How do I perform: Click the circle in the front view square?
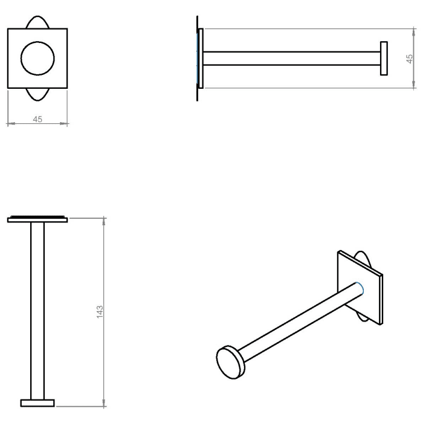click(37, 59)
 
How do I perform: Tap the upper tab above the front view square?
click(37, 22)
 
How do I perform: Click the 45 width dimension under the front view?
click(37, 120)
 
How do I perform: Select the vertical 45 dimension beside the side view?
click(410, 59)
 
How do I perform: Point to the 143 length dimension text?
click(100, 311)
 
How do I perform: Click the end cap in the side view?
click(384, 59)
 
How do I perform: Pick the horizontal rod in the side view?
click(290, 59)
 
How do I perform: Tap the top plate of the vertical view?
click(37, 219)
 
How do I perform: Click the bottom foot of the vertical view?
click(37, 402)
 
